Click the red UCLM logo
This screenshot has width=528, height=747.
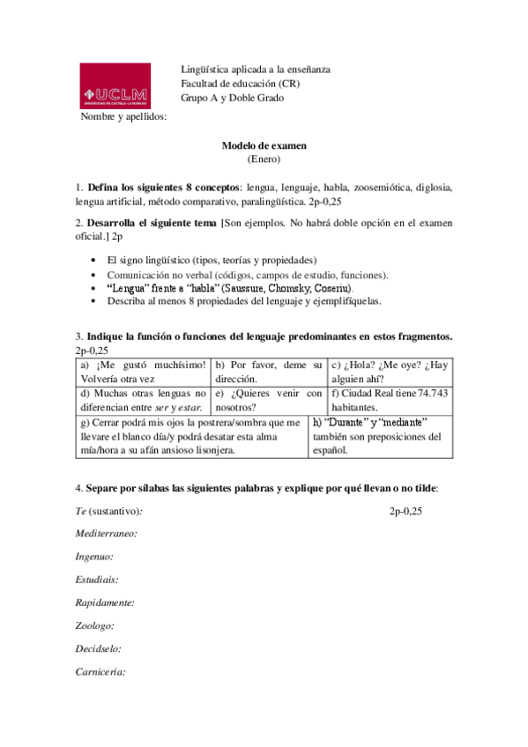(x=115, y=86)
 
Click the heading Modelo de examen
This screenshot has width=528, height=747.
(x=264, y=146)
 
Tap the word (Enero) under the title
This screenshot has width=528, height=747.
(x=264, y=159)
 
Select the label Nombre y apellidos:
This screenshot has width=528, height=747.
(x=123, y=116)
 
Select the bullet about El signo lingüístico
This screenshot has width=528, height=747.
(x=212, y=260)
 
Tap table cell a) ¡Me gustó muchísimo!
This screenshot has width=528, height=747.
(x=143, y=371)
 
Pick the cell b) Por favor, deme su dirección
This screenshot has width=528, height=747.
(x=268, y=371)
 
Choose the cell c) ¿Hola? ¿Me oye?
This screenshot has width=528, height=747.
(x=389, y=371)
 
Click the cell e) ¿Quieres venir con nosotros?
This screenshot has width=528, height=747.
(x=268, y=400)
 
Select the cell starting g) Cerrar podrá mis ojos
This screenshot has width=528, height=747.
(x=190, y=436)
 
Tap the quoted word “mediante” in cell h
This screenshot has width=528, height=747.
(x=398, y=422)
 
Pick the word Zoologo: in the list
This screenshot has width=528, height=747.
(x=93, y=625)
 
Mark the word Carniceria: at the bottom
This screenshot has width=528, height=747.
(x=100, y=671)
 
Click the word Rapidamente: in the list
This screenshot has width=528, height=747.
(x=105, y=603)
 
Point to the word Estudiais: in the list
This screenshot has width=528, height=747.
(x=98, y=580)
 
